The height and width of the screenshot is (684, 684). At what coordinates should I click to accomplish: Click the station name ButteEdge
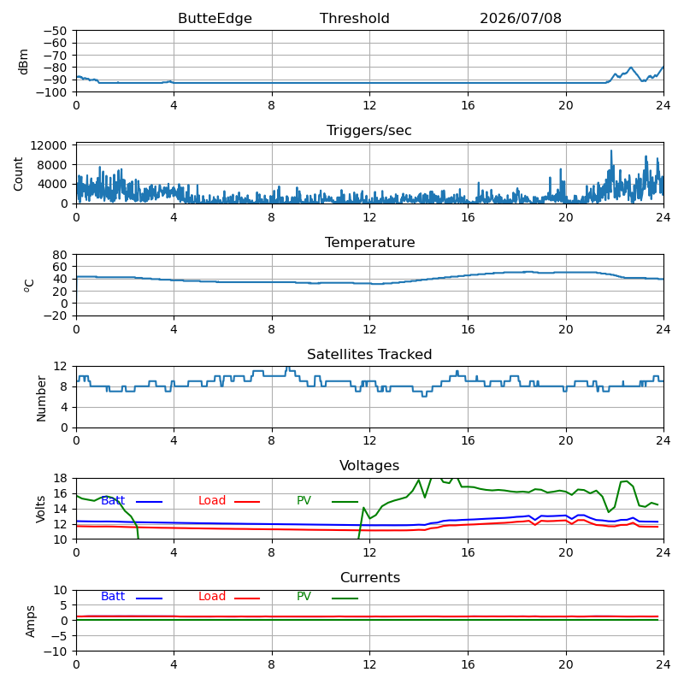point(215,18)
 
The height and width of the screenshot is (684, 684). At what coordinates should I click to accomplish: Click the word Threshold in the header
point(354,18)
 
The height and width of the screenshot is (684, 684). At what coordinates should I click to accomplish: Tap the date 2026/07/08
point(521,18)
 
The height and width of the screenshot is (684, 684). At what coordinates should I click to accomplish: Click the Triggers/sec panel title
point(369,131)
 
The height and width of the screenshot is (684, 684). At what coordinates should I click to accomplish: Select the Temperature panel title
point(369,242)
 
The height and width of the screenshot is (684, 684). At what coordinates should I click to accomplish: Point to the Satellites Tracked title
point(369,354)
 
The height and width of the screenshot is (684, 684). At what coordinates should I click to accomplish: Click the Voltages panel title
point(369,466)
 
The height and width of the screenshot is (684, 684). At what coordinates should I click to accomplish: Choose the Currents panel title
point(370,578)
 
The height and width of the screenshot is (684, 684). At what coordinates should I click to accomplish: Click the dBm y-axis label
point(23,62)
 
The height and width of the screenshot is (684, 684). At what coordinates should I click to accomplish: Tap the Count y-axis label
point(18,174)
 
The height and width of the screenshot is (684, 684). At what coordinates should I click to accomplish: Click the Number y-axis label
point(41,398)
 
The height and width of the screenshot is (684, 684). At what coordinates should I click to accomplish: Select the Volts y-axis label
point(40,509)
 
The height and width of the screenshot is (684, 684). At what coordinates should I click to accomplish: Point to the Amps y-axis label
point(30,622)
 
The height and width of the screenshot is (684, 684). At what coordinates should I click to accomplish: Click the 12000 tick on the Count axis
point(49,145)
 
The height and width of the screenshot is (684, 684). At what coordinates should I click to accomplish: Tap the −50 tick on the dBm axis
point(55,31)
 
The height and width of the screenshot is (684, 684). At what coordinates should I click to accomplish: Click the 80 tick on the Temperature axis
point(60,255)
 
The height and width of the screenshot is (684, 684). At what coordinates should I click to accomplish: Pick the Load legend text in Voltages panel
point(212,500)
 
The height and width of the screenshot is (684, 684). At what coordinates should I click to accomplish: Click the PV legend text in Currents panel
point(304,596)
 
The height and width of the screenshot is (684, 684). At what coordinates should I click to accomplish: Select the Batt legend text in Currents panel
point(113,596)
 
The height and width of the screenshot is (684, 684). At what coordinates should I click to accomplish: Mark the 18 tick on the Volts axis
point(60,478)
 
